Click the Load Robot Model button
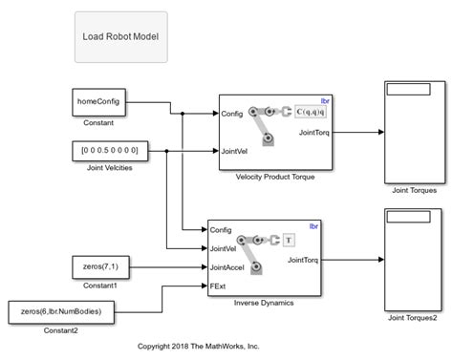120,37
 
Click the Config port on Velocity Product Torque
232,114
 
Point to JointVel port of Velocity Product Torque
236,151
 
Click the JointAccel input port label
227,267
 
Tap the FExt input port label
219,286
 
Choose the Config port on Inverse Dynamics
221,230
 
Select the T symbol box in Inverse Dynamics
289,240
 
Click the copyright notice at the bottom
199,346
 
